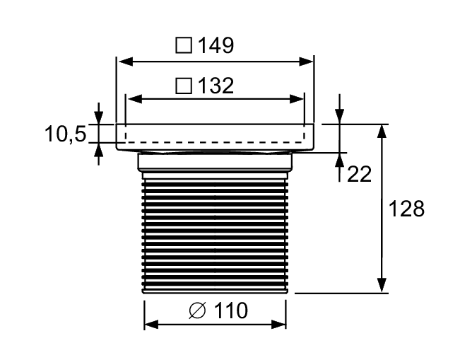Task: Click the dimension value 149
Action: pos(216,45)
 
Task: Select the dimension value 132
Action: pos(216,86)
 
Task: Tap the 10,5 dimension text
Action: pos(66,134)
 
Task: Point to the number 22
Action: pos(359,174)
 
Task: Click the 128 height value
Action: pos(406,209)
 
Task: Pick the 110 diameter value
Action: pos(230,310)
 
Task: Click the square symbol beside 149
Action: pos(184,45)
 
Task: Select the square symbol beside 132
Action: pos(184,86)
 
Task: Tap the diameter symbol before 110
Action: pos(197,310)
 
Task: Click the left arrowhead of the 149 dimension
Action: pos(126,62)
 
